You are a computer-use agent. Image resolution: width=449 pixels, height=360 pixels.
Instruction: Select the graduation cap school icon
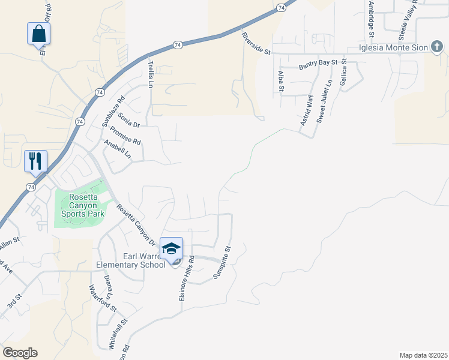[x=172, y=249]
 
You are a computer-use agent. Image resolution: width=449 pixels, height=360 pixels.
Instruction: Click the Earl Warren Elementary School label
[x=131, y=260]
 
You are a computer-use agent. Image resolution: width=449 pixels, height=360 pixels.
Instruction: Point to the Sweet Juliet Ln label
[x=324, y=102]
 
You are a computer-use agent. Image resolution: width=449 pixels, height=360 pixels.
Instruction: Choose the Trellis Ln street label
[x=151, y=73]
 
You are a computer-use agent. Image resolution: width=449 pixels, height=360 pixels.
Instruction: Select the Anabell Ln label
[x=118, y=149]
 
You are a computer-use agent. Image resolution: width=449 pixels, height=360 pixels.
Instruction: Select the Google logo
[x=20, y=353]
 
